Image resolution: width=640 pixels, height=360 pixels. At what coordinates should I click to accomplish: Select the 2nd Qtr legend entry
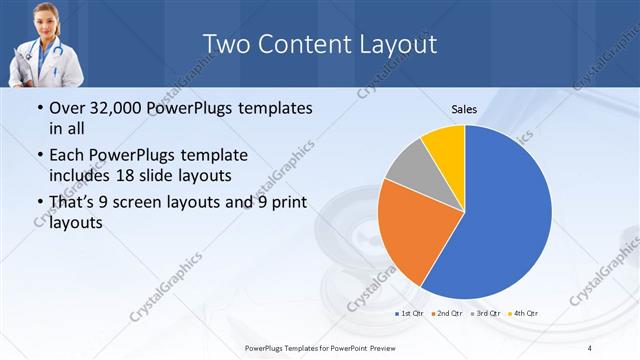(447, 314)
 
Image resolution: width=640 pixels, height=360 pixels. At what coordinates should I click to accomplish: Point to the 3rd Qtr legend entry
(485, 314)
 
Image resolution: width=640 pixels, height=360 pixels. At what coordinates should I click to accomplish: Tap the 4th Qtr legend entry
(523, 314)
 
